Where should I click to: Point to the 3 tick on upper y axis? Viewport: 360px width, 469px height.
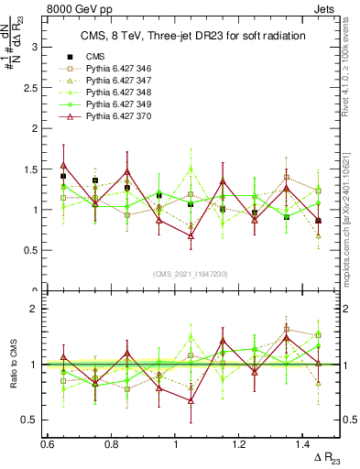(38, 46)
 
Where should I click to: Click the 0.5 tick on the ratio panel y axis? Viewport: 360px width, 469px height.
(35, 420)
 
